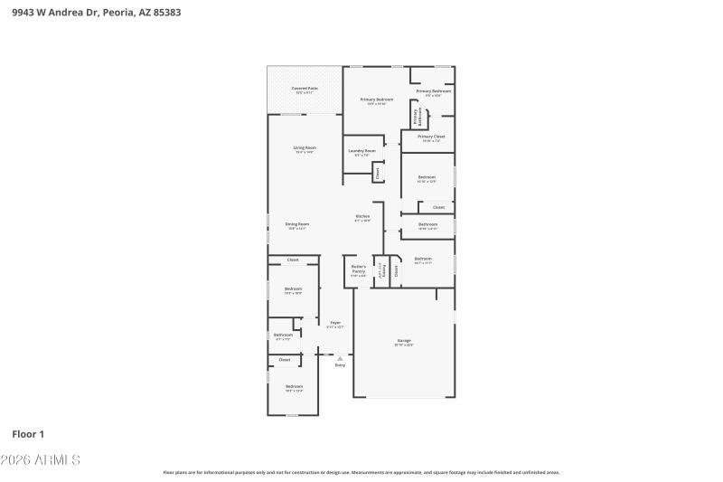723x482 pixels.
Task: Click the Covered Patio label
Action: [x=304, y=89]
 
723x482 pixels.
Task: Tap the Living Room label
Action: [x=304, y=148]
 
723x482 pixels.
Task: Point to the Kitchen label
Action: [x=361, y=217]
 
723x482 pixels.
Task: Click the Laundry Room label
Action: [x=361, y=151]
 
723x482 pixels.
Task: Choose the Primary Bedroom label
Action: [x=377, y=99]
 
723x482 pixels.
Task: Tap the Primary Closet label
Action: [x=431, y=137]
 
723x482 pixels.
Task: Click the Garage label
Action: [x=403, y=341]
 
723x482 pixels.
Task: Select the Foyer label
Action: [x=335, y=323]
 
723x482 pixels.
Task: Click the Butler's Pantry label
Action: [x=358, y=267]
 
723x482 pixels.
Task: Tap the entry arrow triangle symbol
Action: [x=340, y=358]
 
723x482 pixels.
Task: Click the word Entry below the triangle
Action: [x=340, y=365]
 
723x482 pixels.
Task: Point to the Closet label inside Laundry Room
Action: [x=378, y=171]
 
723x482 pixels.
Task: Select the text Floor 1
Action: [x=28, y=434]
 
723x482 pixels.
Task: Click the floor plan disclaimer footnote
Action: [x=361, y=472]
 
